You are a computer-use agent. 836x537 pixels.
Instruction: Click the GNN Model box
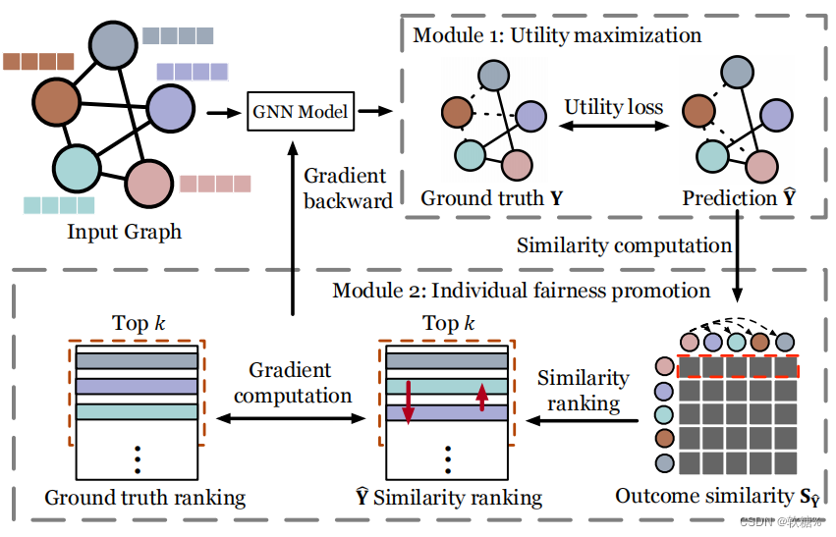(301, 111)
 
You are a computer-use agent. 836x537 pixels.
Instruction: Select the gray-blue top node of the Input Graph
(113, 45)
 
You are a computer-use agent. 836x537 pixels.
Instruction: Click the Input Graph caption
(124, 232)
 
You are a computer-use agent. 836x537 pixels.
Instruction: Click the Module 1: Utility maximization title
(556, 35)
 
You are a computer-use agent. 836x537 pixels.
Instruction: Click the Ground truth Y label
(492, 198)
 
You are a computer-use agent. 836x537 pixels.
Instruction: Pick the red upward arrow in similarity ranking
(481, 398)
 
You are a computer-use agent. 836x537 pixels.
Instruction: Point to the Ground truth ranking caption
(144, 498)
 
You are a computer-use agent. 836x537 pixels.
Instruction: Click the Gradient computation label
(293, 383)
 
